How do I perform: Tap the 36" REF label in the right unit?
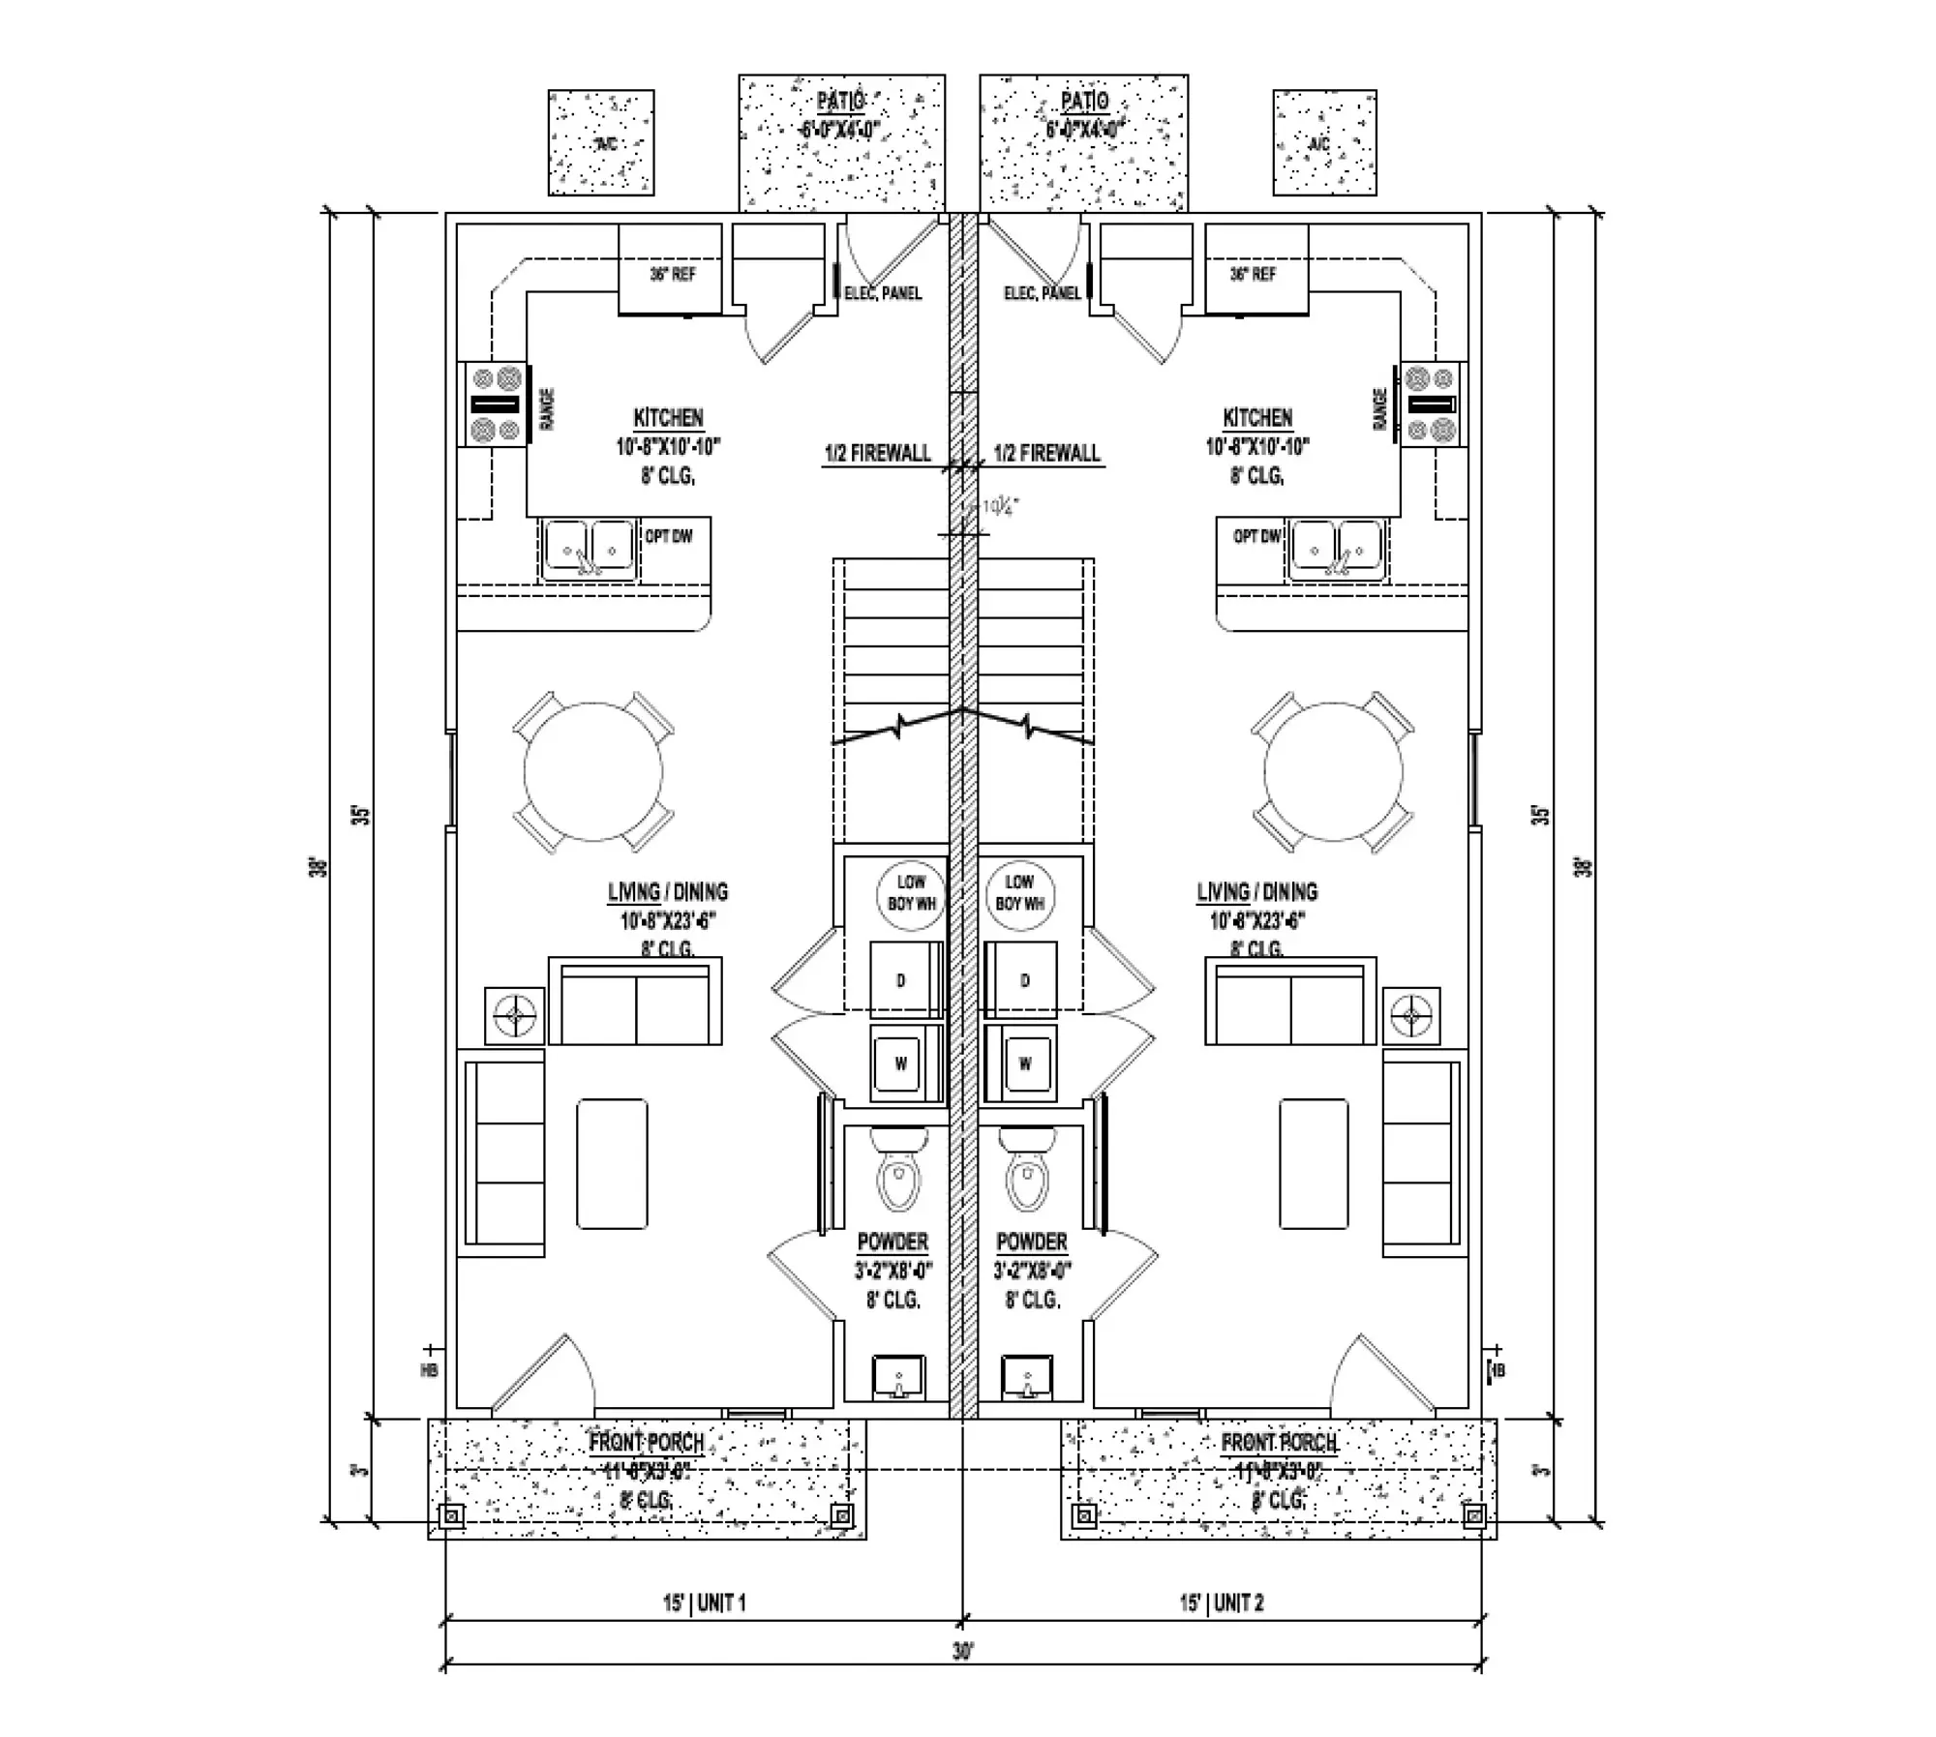1253,274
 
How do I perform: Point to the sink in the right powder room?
1027,1378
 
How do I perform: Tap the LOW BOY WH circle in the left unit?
911,893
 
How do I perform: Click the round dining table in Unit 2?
1333,771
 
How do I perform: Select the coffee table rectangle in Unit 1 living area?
612,1163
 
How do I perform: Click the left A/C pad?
601,143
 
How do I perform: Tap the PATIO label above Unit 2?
1084,101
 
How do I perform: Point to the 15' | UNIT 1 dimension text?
704,1603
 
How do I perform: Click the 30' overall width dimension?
962,1653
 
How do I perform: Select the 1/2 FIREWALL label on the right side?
1046,453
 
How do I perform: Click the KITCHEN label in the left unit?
668,418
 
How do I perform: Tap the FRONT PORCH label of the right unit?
1279,1443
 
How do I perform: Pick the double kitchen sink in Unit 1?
589,550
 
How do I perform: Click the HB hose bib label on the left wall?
430,1369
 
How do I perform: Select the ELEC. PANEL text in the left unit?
883,292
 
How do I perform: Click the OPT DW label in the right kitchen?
1256,536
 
